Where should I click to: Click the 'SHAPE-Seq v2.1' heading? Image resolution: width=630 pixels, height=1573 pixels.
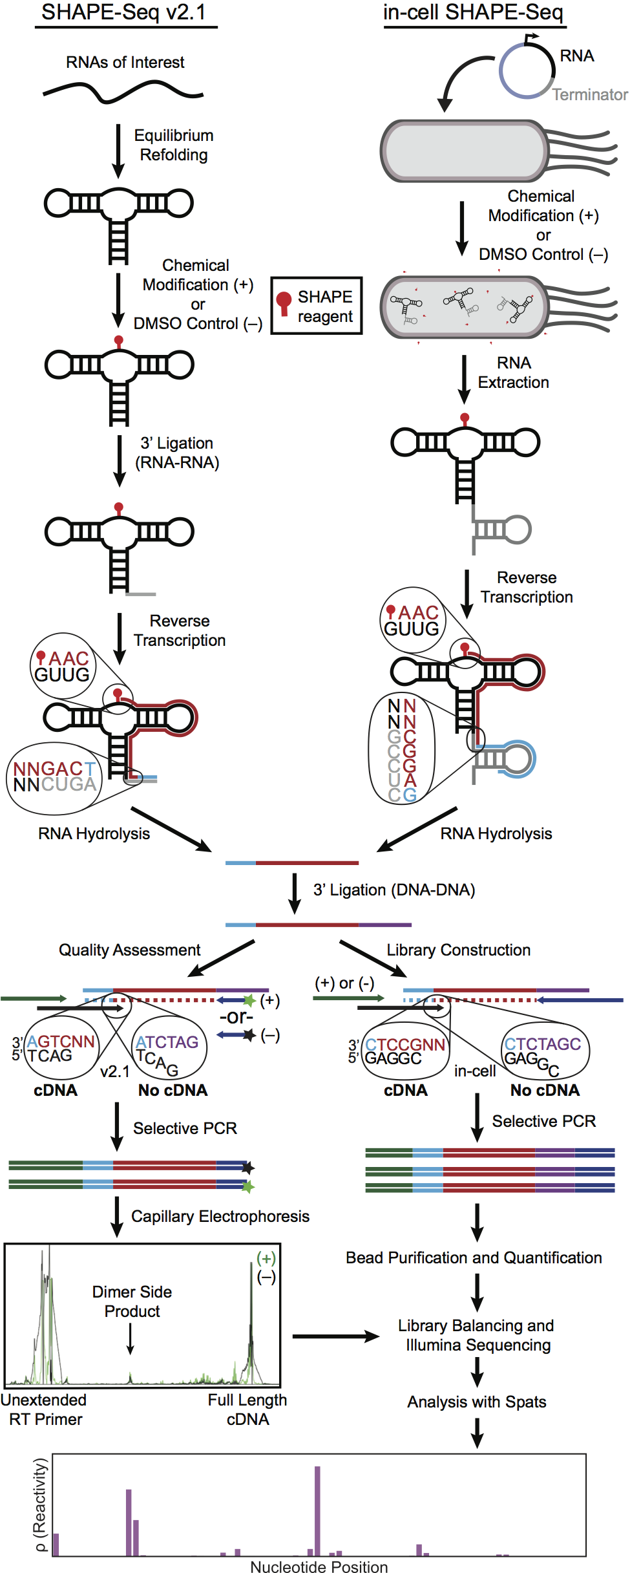pos(124,12)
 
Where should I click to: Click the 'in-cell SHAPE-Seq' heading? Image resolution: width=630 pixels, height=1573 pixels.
pos(473,12)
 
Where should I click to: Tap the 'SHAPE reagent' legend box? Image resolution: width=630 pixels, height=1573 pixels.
pos(316,306)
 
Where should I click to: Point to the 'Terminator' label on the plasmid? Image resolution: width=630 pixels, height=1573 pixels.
pos(589,95)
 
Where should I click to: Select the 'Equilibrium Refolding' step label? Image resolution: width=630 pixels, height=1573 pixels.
pos(173,145)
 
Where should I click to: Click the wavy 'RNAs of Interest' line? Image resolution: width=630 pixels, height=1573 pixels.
pos(123,92)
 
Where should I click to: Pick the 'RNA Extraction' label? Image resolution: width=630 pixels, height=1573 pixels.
pos(513,372)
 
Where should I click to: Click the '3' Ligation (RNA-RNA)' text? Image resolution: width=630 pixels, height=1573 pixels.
pos(177,453)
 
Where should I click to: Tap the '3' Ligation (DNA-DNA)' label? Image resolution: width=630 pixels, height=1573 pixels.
pos(394,890)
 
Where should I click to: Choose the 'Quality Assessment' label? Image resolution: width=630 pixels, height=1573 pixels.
pos(129,950)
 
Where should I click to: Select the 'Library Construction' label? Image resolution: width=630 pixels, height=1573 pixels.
pos(458,950)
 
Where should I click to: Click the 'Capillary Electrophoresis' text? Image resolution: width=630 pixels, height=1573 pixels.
pos(220,1216)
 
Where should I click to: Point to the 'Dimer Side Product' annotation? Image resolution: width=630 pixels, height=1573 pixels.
pos(132,1301)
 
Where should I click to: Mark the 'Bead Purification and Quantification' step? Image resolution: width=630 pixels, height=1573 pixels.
pos(474,1257)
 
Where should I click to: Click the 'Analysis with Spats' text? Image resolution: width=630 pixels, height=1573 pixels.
pos(477,1402)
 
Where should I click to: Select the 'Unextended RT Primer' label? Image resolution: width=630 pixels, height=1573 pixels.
pos(44,1409)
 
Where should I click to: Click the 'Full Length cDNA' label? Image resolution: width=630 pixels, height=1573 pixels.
pos(247,1409)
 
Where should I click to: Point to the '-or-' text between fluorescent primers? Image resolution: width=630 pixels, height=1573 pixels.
pos(236,1017)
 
